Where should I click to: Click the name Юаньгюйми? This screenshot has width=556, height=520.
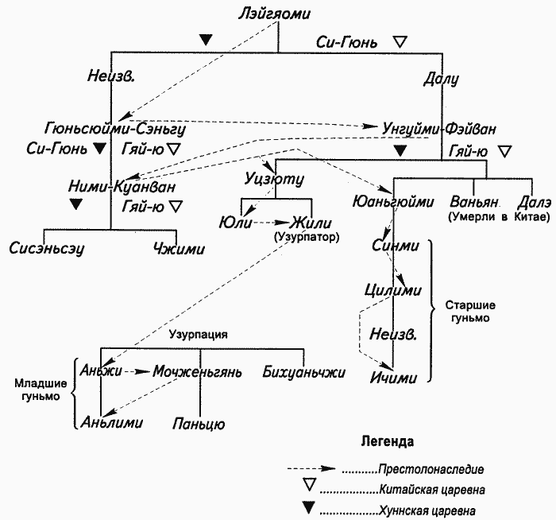pos(390,201)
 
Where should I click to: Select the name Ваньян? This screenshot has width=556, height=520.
pos(476,200)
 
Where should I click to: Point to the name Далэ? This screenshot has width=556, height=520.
pos(533,200)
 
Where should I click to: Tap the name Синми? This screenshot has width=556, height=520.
pos(395,246)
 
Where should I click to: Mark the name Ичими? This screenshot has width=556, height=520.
pos(393,377)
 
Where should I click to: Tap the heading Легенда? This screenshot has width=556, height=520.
pos(387,440)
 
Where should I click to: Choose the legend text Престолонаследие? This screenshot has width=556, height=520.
pos(431,468)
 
